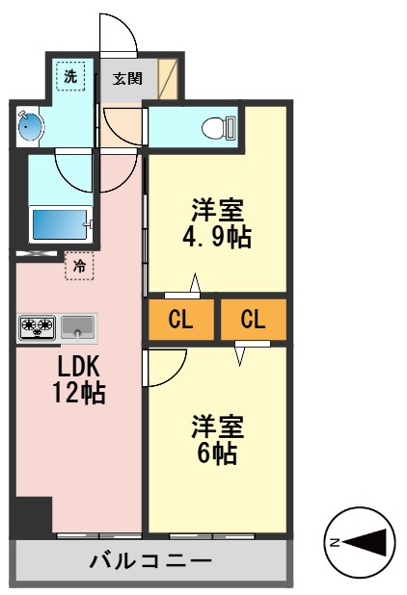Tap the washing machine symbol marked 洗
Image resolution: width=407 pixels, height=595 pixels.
click(70, 75)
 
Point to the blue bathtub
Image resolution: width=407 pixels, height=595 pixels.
click(61, 224)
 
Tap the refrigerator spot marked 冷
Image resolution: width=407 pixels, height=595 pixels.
click(80, 264)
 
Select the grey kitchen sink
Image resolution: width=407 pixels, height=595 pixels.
click(78, 327)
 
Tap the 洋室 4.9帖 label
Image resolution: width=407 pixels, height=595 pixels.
click(217, 222)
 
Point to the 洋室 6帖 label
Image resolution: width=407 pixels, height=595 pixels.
click(217, 439)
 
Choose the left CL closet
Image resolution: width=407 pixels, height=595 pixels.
click(180, 321)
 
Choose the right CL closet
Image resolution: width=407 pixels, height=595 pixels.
click(253, 321)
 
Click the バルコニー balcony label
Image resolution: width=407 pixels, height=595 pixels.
click(149, 560)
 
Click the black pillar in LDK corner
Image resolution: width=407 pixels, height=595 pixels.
click(32, 516)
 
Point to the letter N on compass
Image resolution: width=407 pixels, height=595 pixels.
click(335, 543)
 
